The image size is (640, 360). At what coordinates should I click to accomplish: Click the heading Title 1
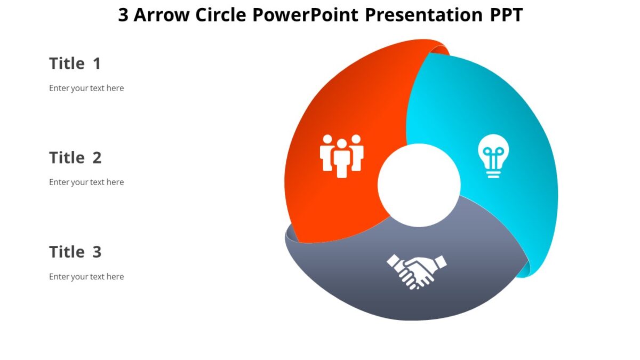click(75, 63)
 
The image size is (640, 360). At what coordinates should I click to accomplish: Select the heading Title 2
click(75, 158)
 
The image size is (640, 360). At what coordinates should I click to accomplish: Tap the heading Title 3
click(75, 252)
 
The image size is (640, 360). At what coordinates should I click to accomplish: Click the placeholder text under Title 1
click(86, 88)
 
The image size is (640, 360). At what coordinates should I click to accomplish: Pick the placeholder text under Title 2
click(86, 182)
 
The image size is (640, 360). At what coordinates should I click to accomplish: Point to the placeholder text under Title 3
click(86, 276)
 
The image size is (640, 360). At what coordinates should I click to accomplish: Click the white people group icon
click(341, 155)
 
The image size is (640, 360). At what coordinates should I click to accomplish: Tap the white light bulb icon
click(493, 155)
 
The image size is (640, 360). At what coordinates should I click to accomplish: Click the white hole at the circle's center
click(419, 185)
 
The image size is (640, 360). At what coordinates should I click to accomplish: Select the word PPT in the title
click(506, 15)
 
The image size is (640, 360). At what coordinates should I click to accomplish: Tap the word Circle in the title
click(221, 15)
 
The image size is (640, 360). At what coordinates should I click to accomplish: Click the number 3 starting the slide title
click(123, 15)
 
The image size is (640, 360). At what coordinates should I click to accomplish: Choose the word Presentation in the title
click(424, 15)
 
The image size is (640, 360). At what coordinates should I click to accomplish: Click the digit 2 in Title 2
click(97, 158)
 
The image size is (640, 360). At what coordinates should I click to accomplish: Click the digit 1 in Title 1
click(97, 63)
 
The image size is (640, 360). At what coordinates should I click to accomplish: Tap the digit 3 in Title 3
click(97, 252)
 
